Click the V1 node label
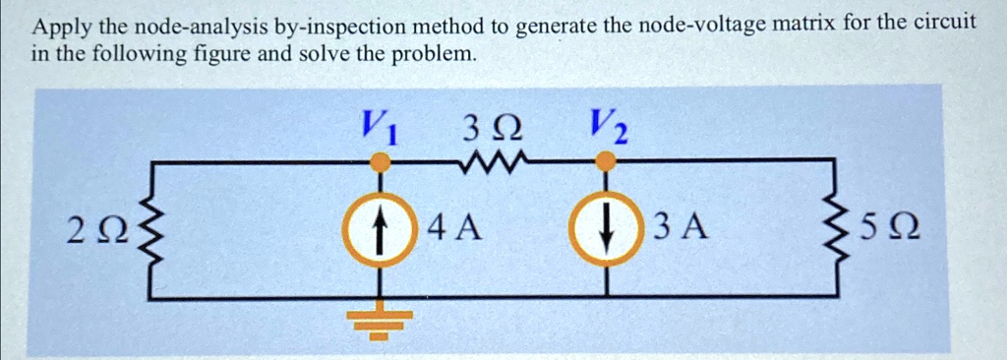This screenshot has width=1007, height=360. (x=379, y=125)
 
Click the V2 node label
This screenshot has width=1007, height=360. (x=608, y=125)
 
